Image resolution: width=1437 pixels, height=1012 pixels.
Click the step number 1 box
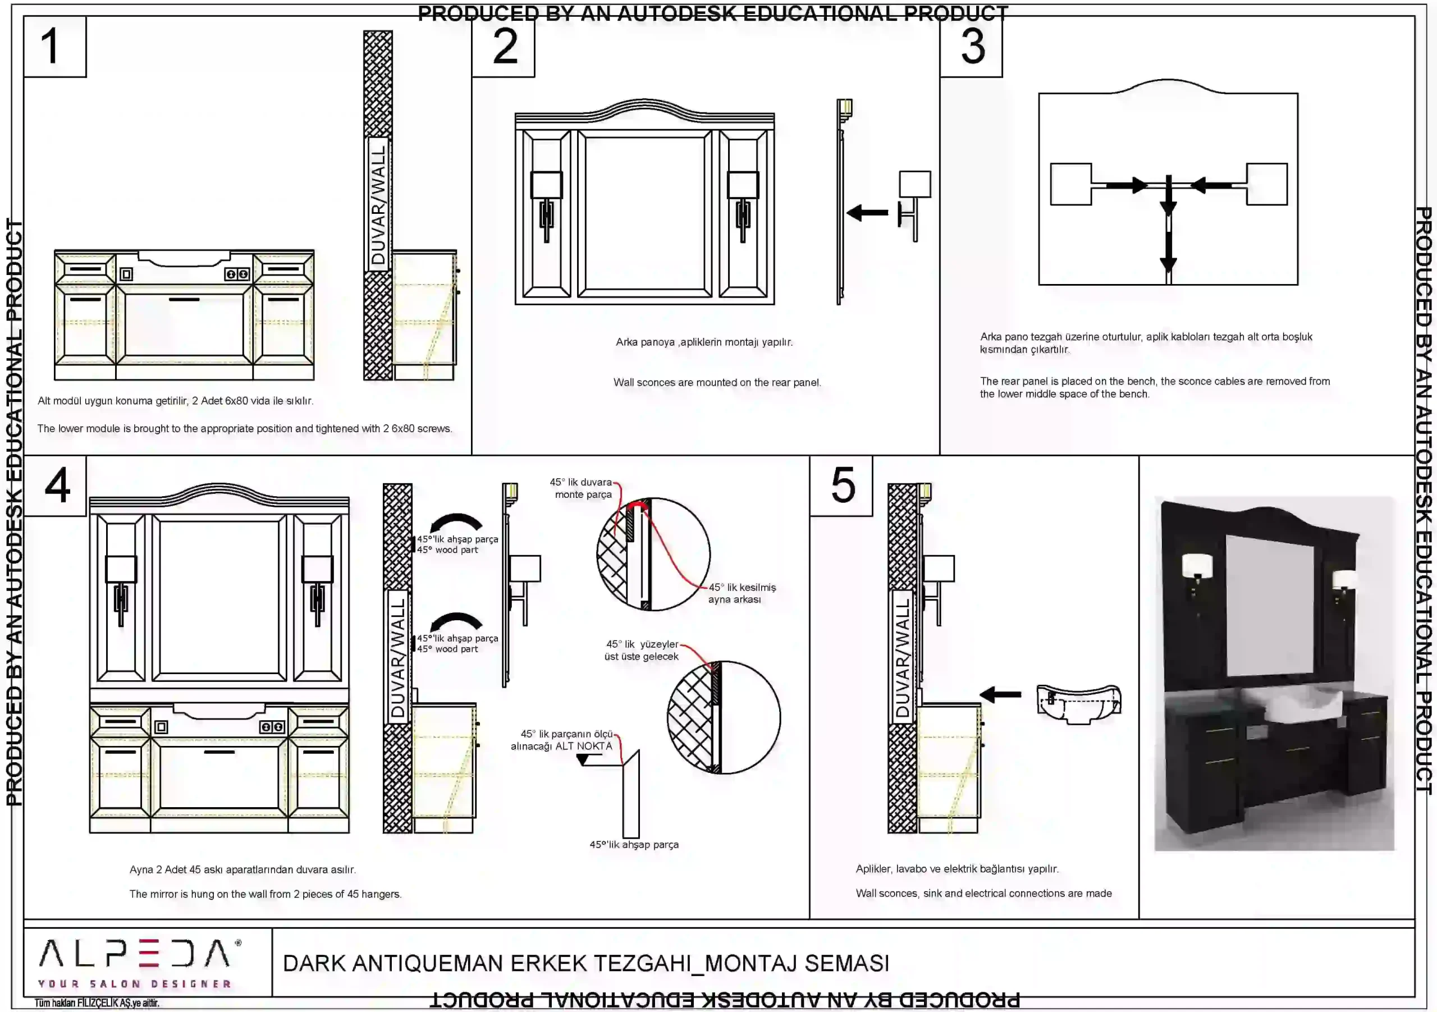click(x=54, y=47)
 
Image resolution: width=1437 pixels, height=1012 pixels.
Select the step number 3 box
click(x=971, y=47)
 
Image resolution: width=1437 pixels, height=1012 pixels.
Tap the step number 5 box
click(x=841, y=486)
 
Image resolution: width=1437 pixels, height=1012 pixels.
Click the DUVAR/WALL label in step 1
click(x=378, y=204)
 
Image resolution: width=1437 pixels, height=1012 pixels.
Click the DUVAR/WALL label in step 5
click(x=903, y=657)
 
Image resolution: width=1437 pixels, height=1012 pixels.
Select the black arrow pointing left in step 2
click(x=867, y=213)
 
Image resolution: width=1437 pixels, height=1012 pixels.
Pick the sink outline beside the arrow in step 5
click(x=1078, y=703)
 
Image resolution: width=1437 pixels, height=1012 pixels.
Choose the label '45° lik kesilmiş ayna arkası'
click(x=741, y=593)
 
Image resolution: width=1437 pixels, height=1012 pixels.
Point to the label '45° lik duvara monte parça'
click(x=581, y=488)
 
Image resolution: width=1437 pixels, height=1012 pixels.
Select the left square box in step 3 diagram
click(x=1071, y=185)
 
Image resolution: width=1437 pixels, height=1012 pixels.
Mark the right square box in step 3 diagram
click(x=1267, y=185)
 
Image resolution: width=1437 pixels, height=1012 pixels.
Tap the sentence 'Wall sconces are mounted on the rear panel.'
click(x=717, y=382)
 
